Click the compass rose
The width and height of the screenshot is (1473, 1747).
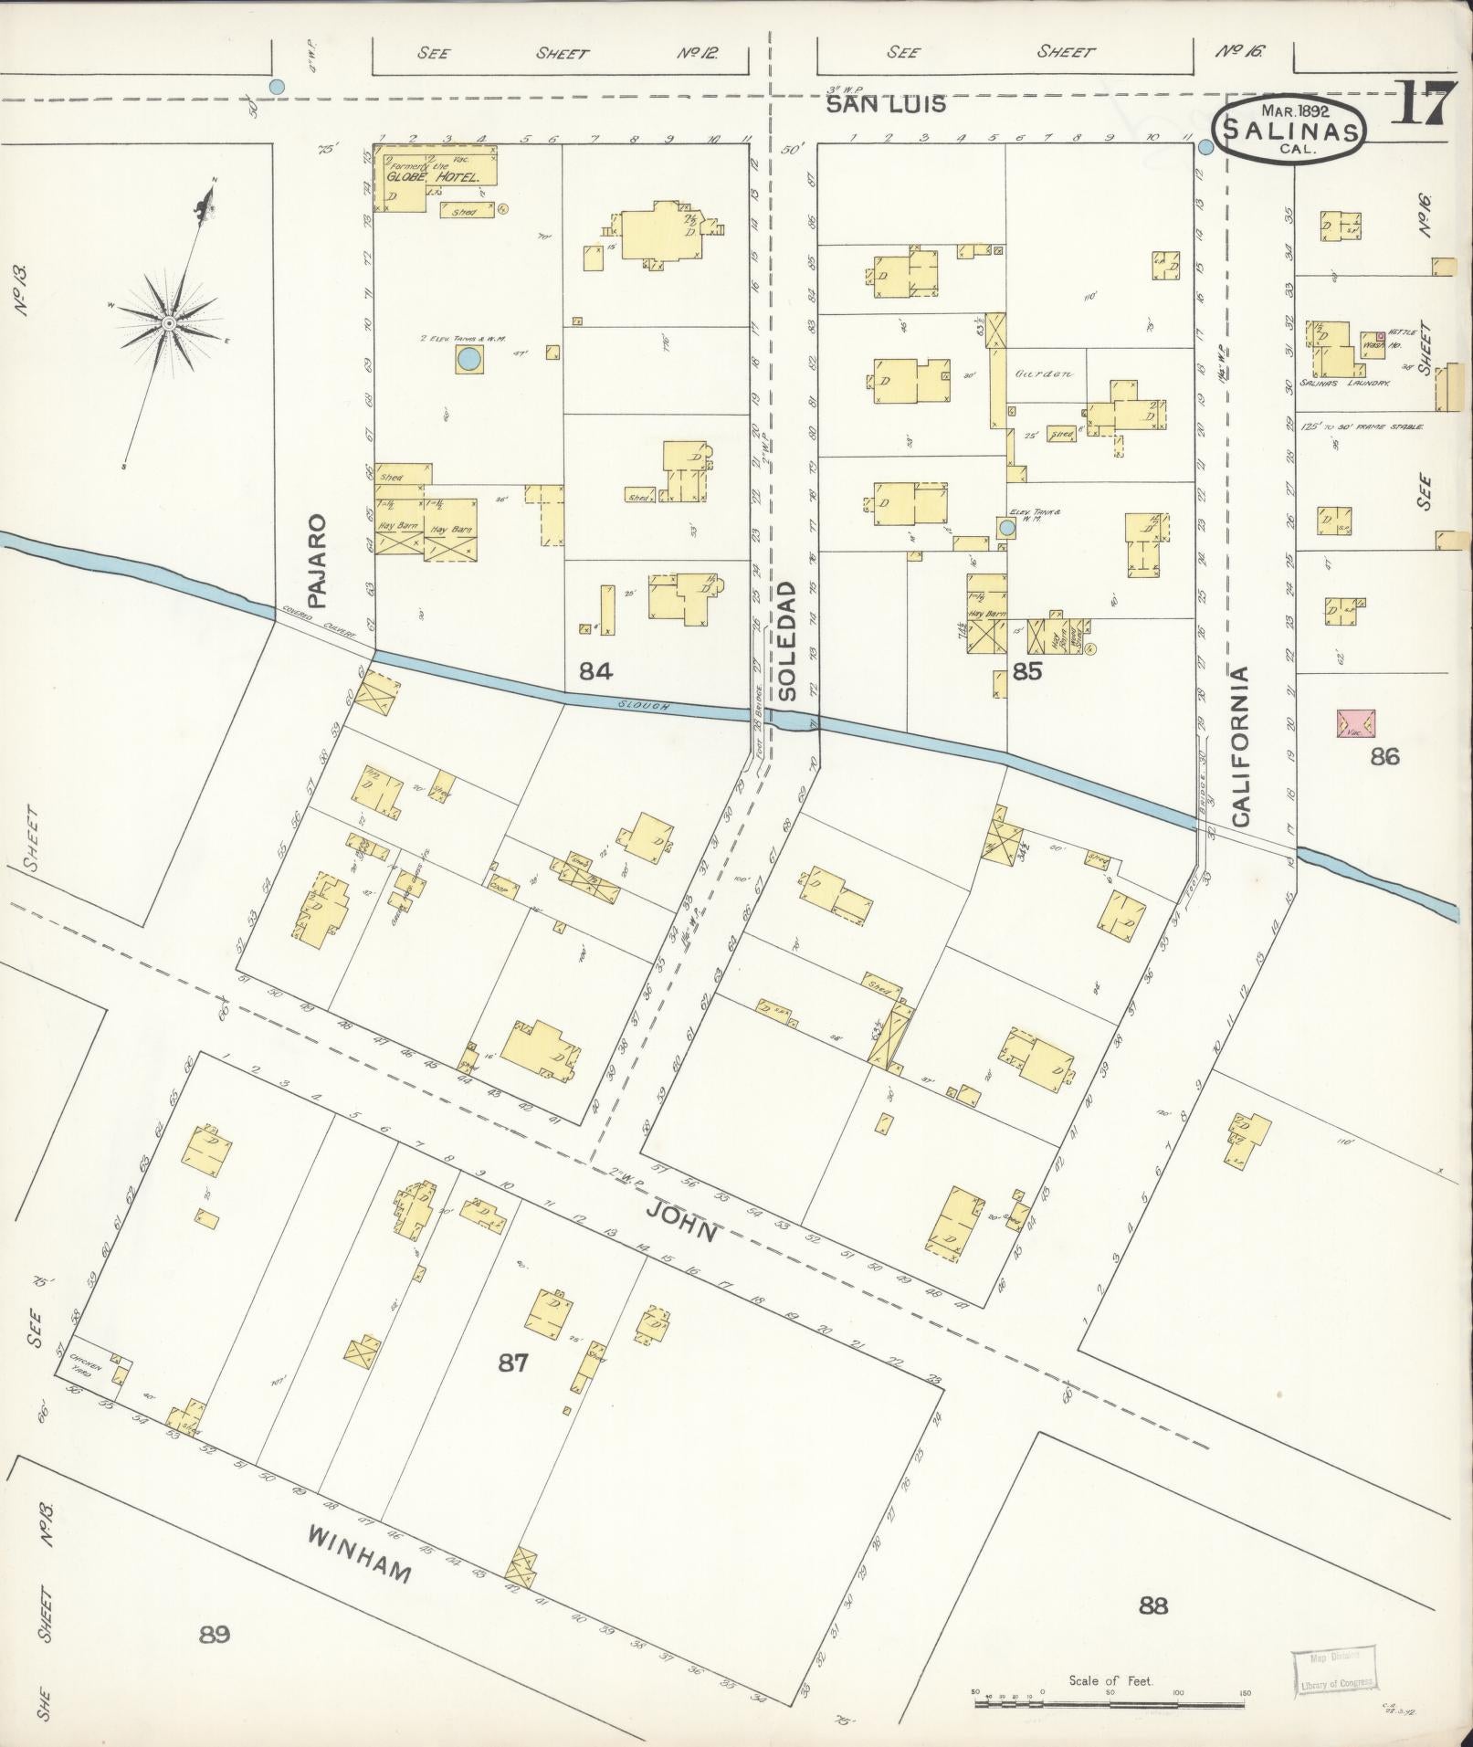pos(170,323)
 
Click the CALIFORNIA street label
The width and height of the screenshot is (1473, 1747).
pos(1240,746)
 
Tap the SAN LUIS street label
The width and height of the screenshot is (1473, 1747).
pos(885,105)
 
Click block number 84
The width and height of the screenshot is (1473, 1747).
pos(595,672)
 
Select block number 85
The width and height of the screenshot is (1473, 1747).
pos(1027,672)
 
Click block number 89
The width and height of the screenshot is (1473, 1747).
pos(215,1634)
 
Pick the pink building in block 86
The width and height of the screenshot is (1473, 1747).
pos(1356,724)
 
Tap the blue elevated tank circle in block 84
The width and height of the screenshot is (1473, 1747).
pos(468,359)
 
